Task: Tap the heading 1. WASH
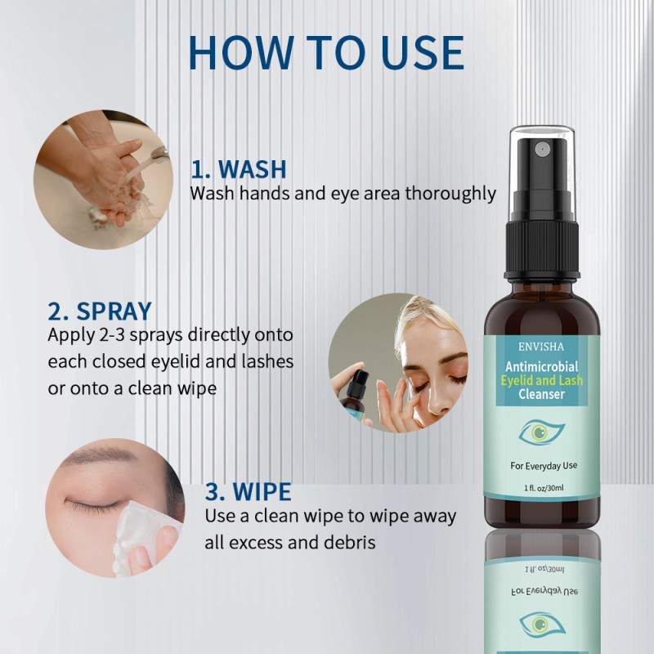[238, 169]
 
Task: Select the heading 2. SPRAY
[100, 311]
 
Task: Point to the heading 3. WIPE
[248, 492]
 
